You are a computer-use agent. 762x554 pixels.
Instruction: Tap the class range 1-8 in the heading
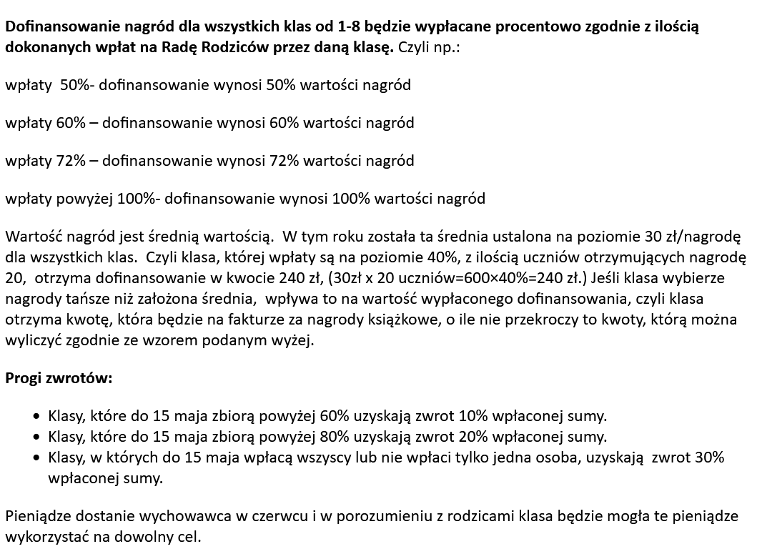click(x=309, y=28)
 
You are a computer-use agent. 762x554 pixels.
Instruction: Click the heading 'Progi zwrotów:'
click(x=59, y=378)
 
